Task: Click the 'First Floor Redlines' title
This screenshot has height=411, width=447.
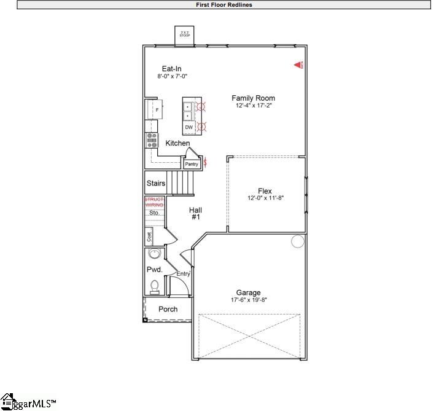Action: pos(223,5)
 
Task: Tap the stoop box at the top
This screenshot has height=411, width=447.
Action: pos(185,34)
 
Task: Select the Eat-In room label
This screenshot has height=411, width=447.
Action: pos(171,69)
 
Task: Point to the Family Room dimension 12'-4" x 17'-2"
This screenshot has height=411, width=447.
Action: pos(253,106)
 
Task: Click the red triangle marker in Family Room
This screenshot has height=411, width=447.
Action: pos(298,64)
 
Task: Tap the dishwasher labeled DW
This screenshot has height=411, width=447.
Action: pos(189,127)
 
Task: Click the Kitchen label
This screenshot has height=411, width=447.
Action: pos(177,143)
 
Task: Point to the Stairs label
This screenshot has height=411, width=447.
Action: pos(155,183)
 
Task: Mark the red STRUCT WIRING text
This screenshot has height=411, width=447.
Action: pos(154,202)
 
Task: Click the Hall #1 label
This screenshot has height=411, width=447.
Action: pos(195,213)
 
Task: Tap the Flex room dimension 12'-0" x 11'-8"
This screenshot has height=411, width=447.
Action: pos(265,198)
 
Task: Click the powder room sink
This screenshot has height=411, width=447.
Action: pos(154,255)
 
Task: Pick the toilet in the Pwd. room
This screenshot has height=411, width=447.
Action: pos(155,285)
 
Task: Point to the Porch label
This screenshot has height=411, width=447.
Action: pos(168,309)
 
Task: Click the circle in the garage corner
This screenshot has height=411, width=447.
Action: pos(298,241)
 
